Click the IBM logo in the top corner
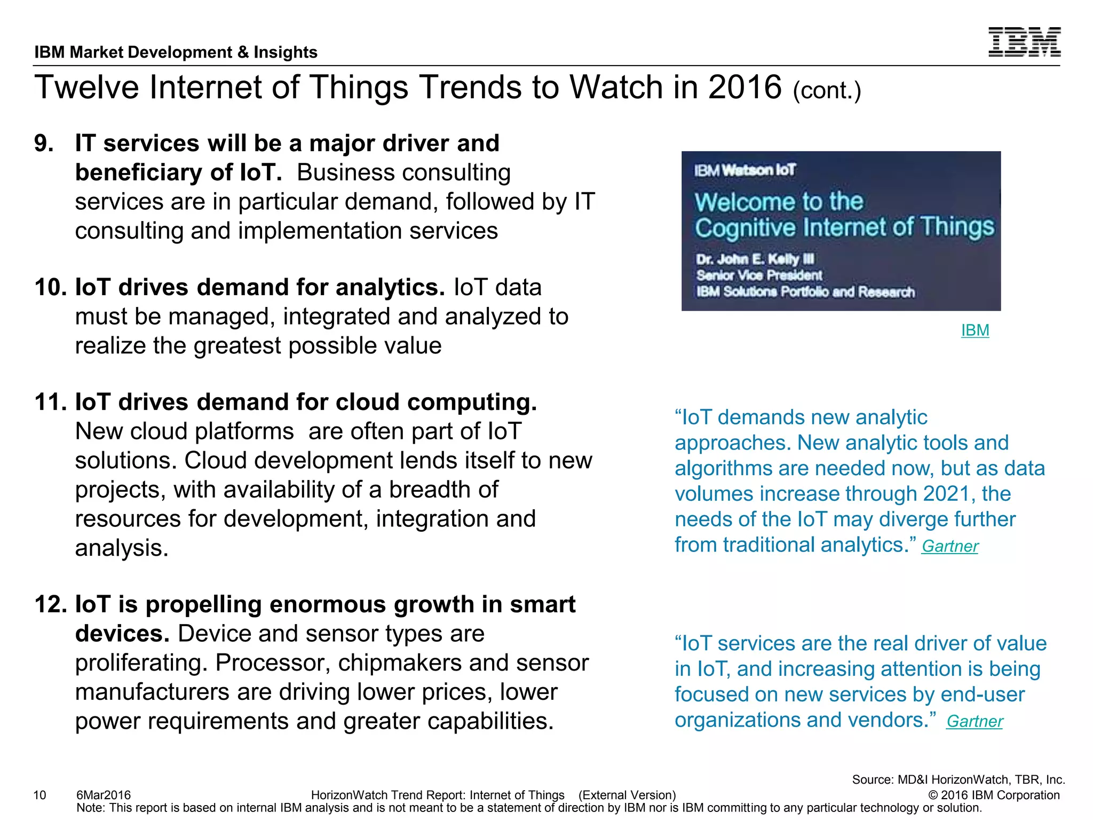(1024, 42)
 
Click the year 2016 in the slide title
(744, 87)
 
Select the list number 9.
(44, 144)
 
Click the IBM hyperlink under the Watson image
(975, 330)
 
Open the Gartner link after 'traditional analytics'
(950, 546)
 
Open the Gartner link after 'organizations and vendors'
(975, 721)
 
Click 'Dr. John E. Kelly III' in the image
(755, 259)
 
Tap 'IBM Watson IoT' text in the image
(744, 170)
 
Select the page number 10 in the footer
(40, 795)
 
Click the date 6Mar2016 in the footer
(104, 795)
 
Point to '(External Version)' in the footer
(627, 795)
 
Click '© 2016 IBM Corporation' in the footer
(994, 795)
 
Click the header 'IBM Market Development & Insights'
(176, 52)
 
